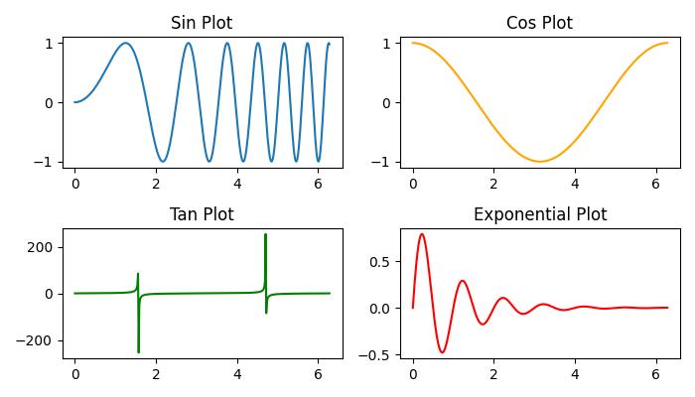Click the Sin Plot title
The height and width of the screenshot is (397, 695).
pos(202,23)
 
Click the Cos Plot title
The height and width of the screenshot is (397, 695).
pos(539,23)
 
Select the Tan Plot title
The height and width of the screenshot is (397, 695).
pos(202,214)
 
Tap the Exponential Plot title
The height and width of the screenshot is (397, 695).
pos(539,214)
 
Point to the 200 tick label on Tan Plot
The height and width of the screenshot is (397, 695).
pos(43,247)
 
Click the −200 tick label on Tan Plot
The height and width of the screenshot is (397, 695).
pos(38,340)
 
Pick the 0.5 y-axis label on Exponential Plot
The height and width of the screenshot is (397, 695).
pos(379,261)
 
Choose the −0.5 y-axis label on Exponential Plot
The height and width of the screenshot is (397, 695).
pos(374,354)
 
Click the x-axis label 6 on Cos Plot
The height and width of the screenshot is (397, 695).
pos(656,184)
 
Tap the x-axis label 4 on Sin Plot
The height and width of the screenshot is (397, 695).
pos(237,184)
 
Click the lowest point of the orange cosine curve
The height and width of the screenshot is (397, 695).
pos(540,162)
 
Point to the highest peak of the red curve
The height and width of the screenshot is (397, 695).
pos(422,234)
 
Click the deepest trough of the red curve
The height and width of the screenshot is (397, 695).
pos(442,352)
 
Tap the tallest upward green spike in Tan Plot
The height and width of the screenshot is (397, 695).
pos(265,235)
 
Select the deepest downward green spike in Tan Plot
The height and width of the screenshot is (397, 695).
pos(138,351)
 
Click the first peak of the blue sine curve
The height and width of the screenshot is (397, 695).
pos(125,43)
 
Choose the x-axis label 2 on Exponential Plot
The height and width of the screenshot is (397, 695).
pos(493,375)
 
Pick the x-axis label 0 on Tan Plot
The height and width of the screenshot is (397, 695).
pos(74,375)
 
